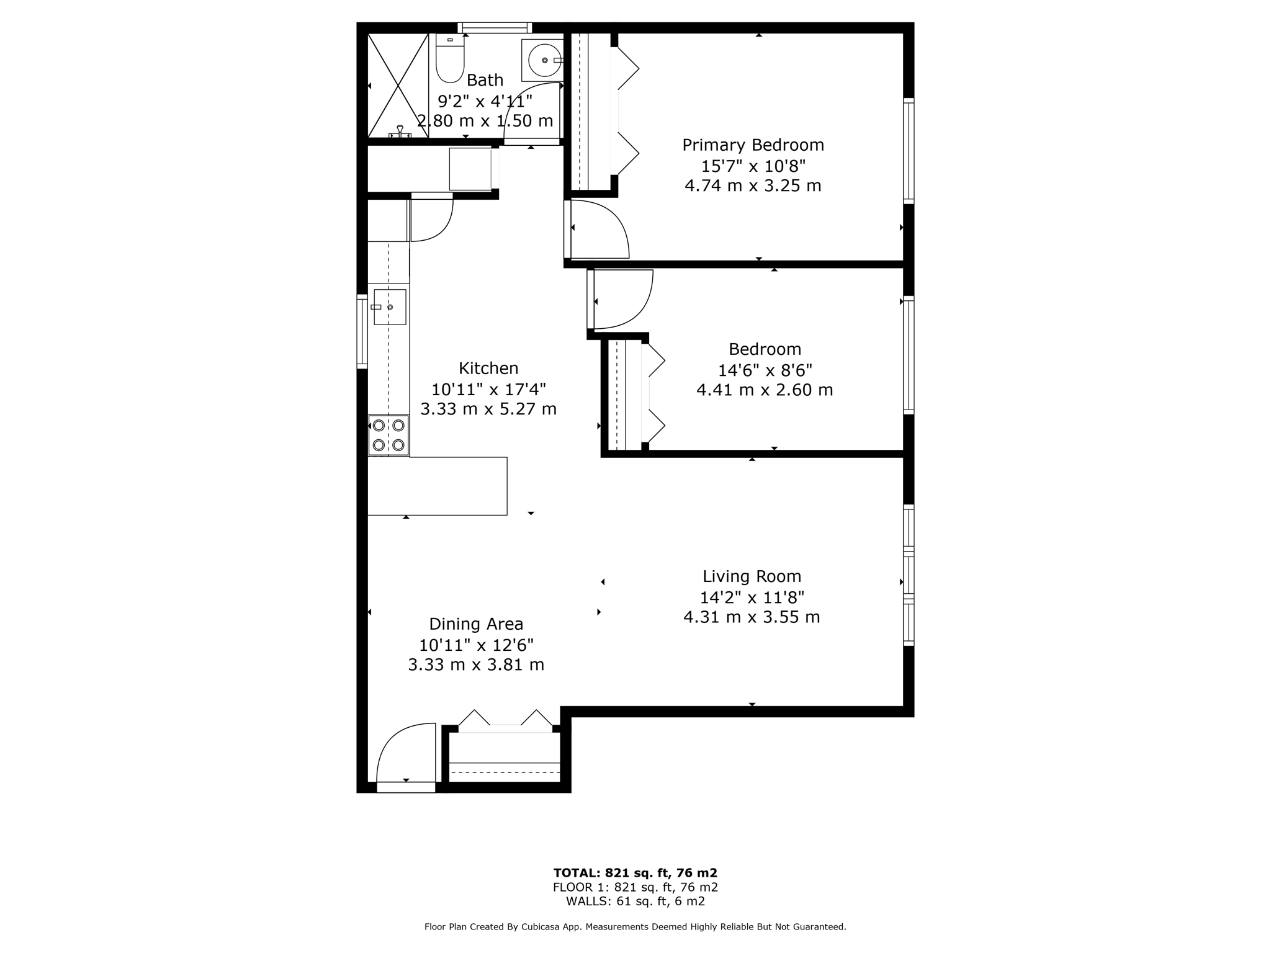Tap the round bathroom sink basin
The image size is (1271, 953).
point(543,60)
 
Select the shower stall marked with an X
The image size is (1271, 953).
point(398,86)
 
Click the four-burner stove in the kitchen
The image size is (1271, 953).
point(388,435)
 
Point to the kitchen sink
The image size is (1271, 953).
point(390,307)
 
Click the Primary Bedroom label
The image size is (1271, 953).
point(753,145)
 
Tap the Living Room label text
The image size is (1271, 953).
point(752,576)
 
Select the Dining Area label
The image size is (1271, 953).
point(476,624)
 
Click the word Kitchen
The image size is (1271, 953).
point(488,369)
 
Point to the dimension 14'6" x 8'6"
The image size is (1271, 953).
point(765,370)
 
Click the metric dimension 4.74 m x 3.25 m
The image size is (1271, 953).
point(753,186)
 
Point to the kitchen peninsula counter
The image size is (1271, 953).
point(438,486)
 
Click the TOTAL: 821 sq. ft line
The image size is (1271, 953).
point(635,873)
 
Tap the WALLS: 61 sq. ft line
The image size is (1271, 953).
point(635,902)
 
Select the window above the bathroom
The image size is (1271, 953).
point(495,27)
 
